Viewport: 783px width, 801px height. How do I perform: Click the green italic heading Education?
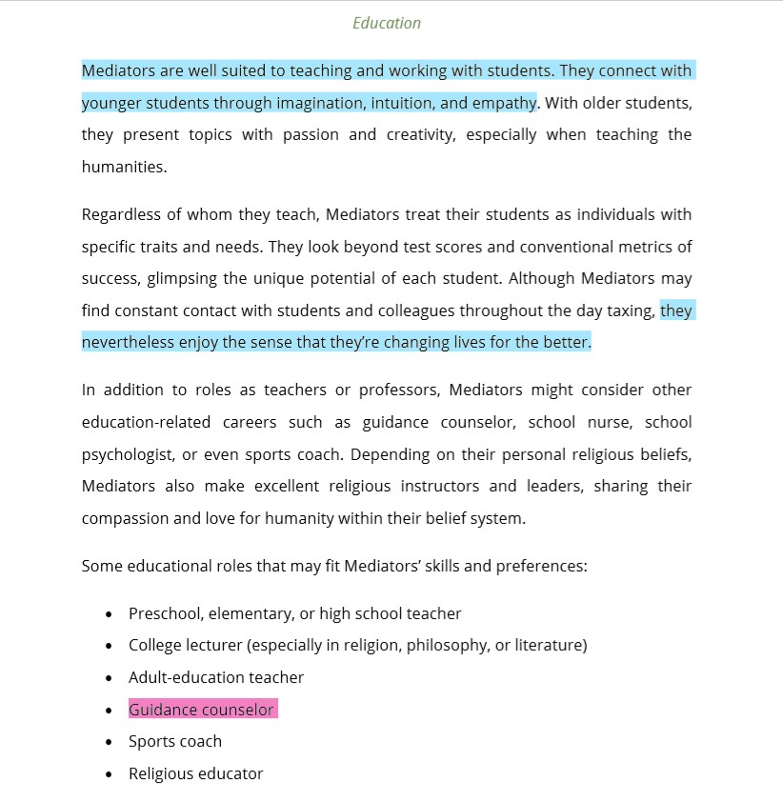(387, 23)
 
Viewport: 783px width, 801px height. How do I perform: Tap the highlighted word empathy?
(501, 103)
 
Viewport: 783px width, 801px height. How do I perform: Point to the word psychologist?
(127, 454)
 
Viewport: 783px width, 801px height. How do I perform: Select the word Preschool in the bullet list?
(164, 614)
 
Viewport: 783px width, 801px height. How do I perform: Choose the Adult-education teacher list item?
(216, 678)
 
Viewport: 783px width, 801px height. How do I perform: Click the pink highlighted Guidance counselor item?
(201, 710)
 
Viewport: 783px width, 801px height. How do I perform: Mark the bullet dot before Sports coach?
(109, 742)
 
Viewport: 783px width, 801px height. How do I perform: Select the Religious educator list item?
(195, 773)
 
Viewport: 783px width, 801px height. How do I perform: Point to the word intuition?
(400, 103)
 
